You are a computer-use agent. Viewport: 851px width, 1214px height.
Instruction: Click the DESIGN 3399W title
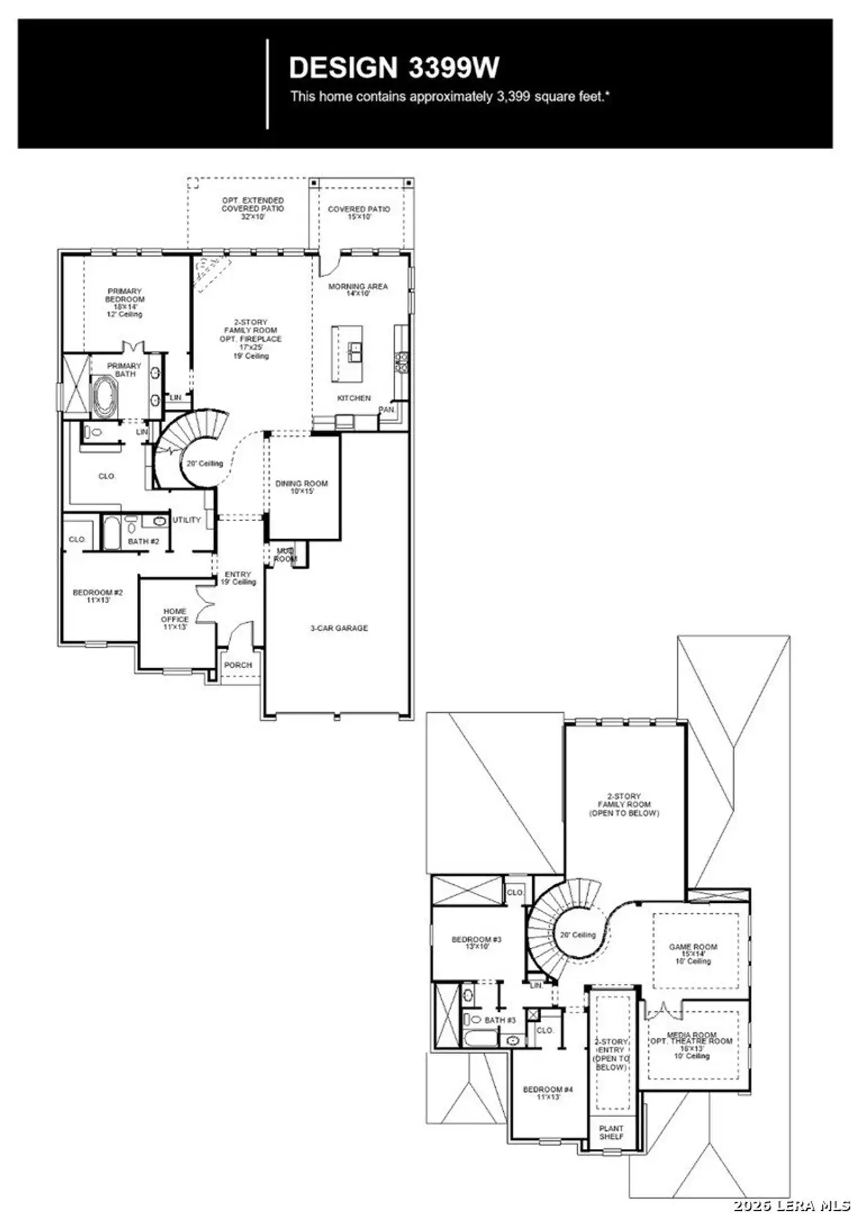click(x=394, y=67)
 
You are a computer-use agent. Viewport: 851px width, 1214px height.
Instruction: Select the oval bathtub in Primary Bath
click(x=104, y=396)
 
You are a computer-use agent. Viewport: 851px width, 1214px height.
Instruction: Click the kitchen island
click(x=347, y=353)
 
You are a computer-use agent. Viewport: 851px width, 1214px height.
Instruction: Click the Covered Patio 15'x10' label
click(x=359, y=212)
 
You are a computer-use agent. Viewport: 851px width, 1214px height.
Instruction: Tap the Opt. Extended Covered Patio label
click(x=253, y=208)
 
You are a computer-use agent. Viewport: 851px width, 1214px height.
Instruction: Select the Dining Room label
click(x=301, y=487)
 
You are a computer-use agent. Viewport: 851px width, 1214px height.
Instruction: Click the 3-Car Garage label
click(x=339, y=628)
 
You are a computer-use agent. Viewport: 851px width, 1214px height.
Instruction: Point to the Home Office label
click(x=174, y=618)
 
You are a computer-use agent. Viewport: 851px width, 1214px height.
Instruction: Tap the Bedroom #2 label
click(x=98, y=596)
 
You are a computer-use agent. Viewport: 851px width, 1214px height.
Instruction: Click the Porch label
click(x=238, y=665)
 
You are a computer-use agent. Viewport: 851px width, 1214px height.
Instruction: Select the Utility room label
click(x=187, y=520)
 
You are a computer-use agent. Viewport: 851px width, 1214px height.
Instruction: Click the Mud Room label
click(x=286, y=555)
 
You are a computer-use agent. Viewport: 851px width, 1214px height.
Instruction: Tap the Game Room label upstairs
click(x=693, y=953)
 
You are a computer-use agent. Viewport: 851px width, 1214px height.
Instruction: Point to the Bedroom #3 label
click(x=476, y=942)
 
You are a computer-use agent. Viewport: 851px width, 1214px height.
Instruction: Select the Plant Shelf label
click(x=611, y=1132)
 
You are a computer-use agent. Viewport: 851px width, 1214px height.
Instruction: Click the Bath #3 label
click(x=500, y=1020)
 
